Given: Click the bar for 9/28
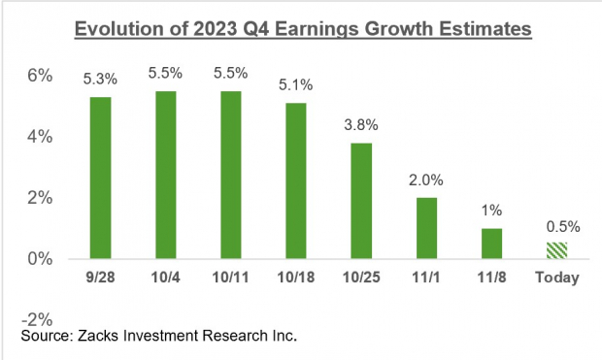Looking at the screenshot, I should tap(100, 178).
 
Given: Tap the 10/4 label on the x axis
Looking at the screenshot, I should tap(166, 278).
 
